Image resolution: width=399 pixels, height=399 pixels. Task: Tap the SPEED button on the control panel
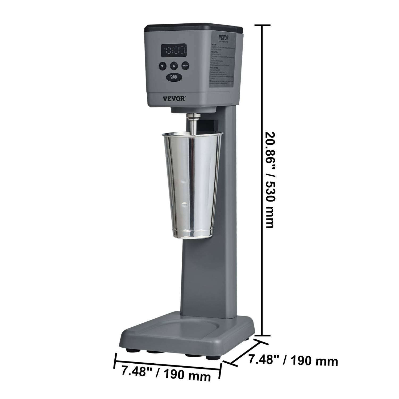pos(185,65)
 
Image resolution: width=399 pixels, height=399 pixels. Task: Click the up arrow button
pos(174,65)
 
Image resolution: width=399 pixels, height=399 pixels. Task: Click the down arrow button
pos(163,66)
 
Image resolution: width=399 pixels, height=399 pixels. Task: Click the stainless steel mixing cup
pos(192,184)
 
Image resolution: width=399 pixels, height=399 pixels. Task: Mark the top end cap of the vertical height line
pos(263,25)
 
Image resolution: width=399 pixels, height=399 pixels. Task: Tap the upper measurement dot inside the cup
pos(184,182)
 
